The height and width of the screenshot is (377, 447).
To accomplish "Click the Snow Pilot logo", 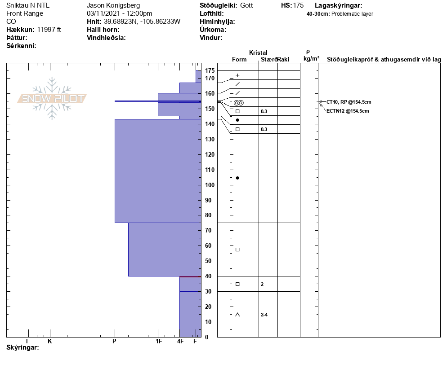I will click(52, 99).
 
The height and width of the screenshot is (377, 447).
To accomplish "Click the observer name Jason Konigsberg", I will click(113, 5).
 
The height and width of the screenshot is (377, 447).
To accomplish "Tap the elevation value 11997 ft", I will click(49, 30).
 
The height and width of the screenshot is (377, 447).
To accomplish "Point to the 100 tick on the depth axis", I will click(210, 185).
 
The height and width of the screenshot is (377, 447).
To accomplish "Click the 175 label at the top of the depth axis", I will click(210, 71).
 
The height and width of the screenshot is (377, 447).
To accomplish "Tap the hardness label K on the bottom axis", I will click(50, 342).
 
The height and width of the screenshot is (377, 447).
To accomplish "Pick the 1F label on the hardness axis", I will click(159, 342).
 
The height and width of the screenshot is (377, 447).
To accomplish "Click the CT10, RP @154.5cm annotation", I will click(349, 102).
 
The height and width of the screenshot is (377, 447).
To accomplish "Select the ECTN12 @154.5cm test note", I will click(348, 111).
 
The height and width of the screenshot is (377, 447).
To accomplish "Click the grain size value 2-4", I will click(264, 315).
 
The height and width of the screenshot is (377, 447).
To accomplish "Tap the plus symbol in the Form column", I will click(237, 75).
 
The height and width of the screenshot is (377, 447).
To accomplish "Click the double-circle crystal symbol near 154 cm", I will click(238, 103).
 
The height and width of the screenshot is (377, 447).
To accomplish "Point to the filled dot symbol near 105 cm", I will click(237, 178).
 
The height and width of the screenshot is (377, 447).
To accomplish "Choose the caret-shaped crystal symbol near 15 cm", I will click(237, 315).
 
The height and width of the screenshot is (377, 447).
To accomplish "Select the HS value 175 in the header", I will click(298, 5).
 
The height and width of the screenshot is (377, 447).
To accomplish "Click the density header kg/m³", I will click(311, 59).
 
